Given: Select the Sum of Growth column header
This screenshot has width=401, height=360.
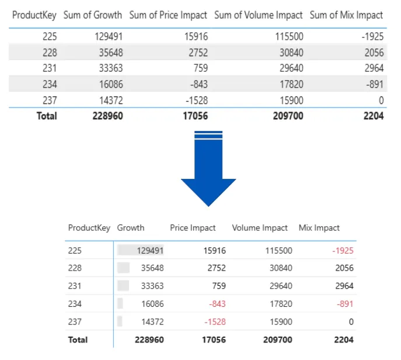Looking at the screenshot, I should pyautogui.click(x=93, y=15).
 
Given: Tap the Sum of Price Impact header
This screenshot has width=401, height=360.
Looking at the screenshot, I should pyautogui.click(x=169, y=15).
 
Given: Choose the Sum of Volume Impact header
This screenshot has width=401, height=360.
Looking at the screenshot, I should pyautogui.click(x=258, y=15).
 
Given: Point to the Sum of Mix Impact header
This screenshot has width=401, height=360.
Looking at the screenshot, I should pyautogui.click(x=346, y=15).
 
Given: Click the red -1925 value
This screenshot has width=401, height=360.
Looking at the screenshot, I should pyautogui.click(x=343, y=250).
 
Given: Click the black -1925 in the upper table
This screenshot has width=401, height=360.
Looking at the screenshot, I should pyautogui.click(x=372, y=36).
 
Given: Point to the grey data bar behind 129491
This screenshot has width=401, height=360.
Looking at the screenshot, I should pyautogui.click(x=140, y=250).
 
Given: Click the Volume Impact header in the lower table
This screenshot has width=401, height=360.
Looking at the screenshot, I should pyautogui.click(x=260, y=228).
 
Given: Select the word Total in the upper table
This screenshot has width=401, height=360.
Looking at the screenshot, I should pyautogui.click(x=47, y=116).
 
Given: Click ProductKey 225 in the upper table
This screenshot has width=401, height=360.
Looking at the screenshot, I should pyautogui.click(x=50, y=36).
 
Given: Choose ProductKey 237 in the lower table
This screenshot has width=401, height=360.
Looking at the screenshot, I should pyautogui.click(x=75, y=321).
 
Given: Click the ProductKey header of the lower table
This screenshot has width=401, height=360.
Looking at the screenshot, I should pyautogui.click(x=89, y=228).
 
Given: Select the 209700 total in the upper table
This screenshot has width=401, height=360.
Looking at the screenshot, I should pyautogui.click(x=288, y=116).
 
